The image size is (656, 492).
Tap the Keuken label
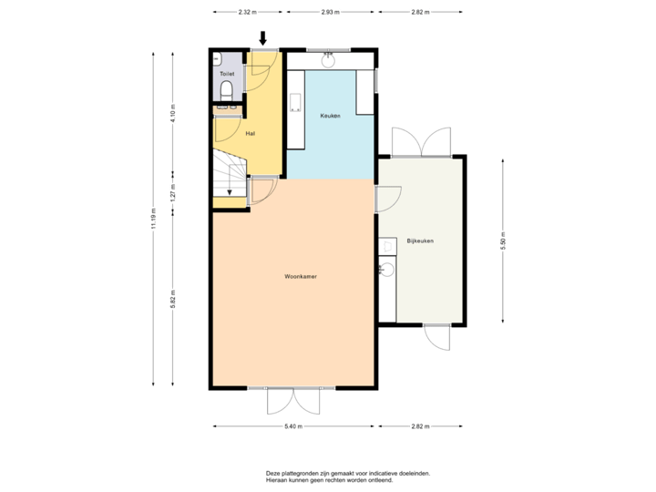tap(330, 116)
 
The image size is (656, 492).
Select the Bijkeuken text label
tap(420, 241)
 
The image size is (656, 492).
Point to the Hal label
tap(250, 133)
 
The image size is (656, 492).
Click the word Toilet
tap(227, 73)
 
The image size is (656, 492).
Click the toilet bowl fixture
tap(227, 89)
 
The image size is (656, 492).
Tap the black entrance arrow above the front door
tap(263, 37)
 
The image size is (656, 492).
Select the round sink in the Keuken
tap(329, 61)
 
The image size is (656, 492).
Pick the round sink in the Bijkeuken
tap(386, 270)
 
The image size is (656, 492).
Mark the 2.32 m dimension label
tap(246, 13)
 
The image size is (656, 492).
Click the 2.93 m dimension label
tap(330, 13)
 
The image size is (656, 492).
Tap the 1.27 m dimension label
tap(173, 192)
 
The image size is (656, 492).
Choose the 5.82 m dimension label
tap(173, 298)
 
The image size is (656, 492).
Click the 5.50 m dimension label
tap(503, 239)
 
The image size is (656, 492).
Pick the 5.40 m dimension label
tap(293, 425)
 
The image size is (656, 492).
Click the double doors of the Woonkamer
tap(293, 400)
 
